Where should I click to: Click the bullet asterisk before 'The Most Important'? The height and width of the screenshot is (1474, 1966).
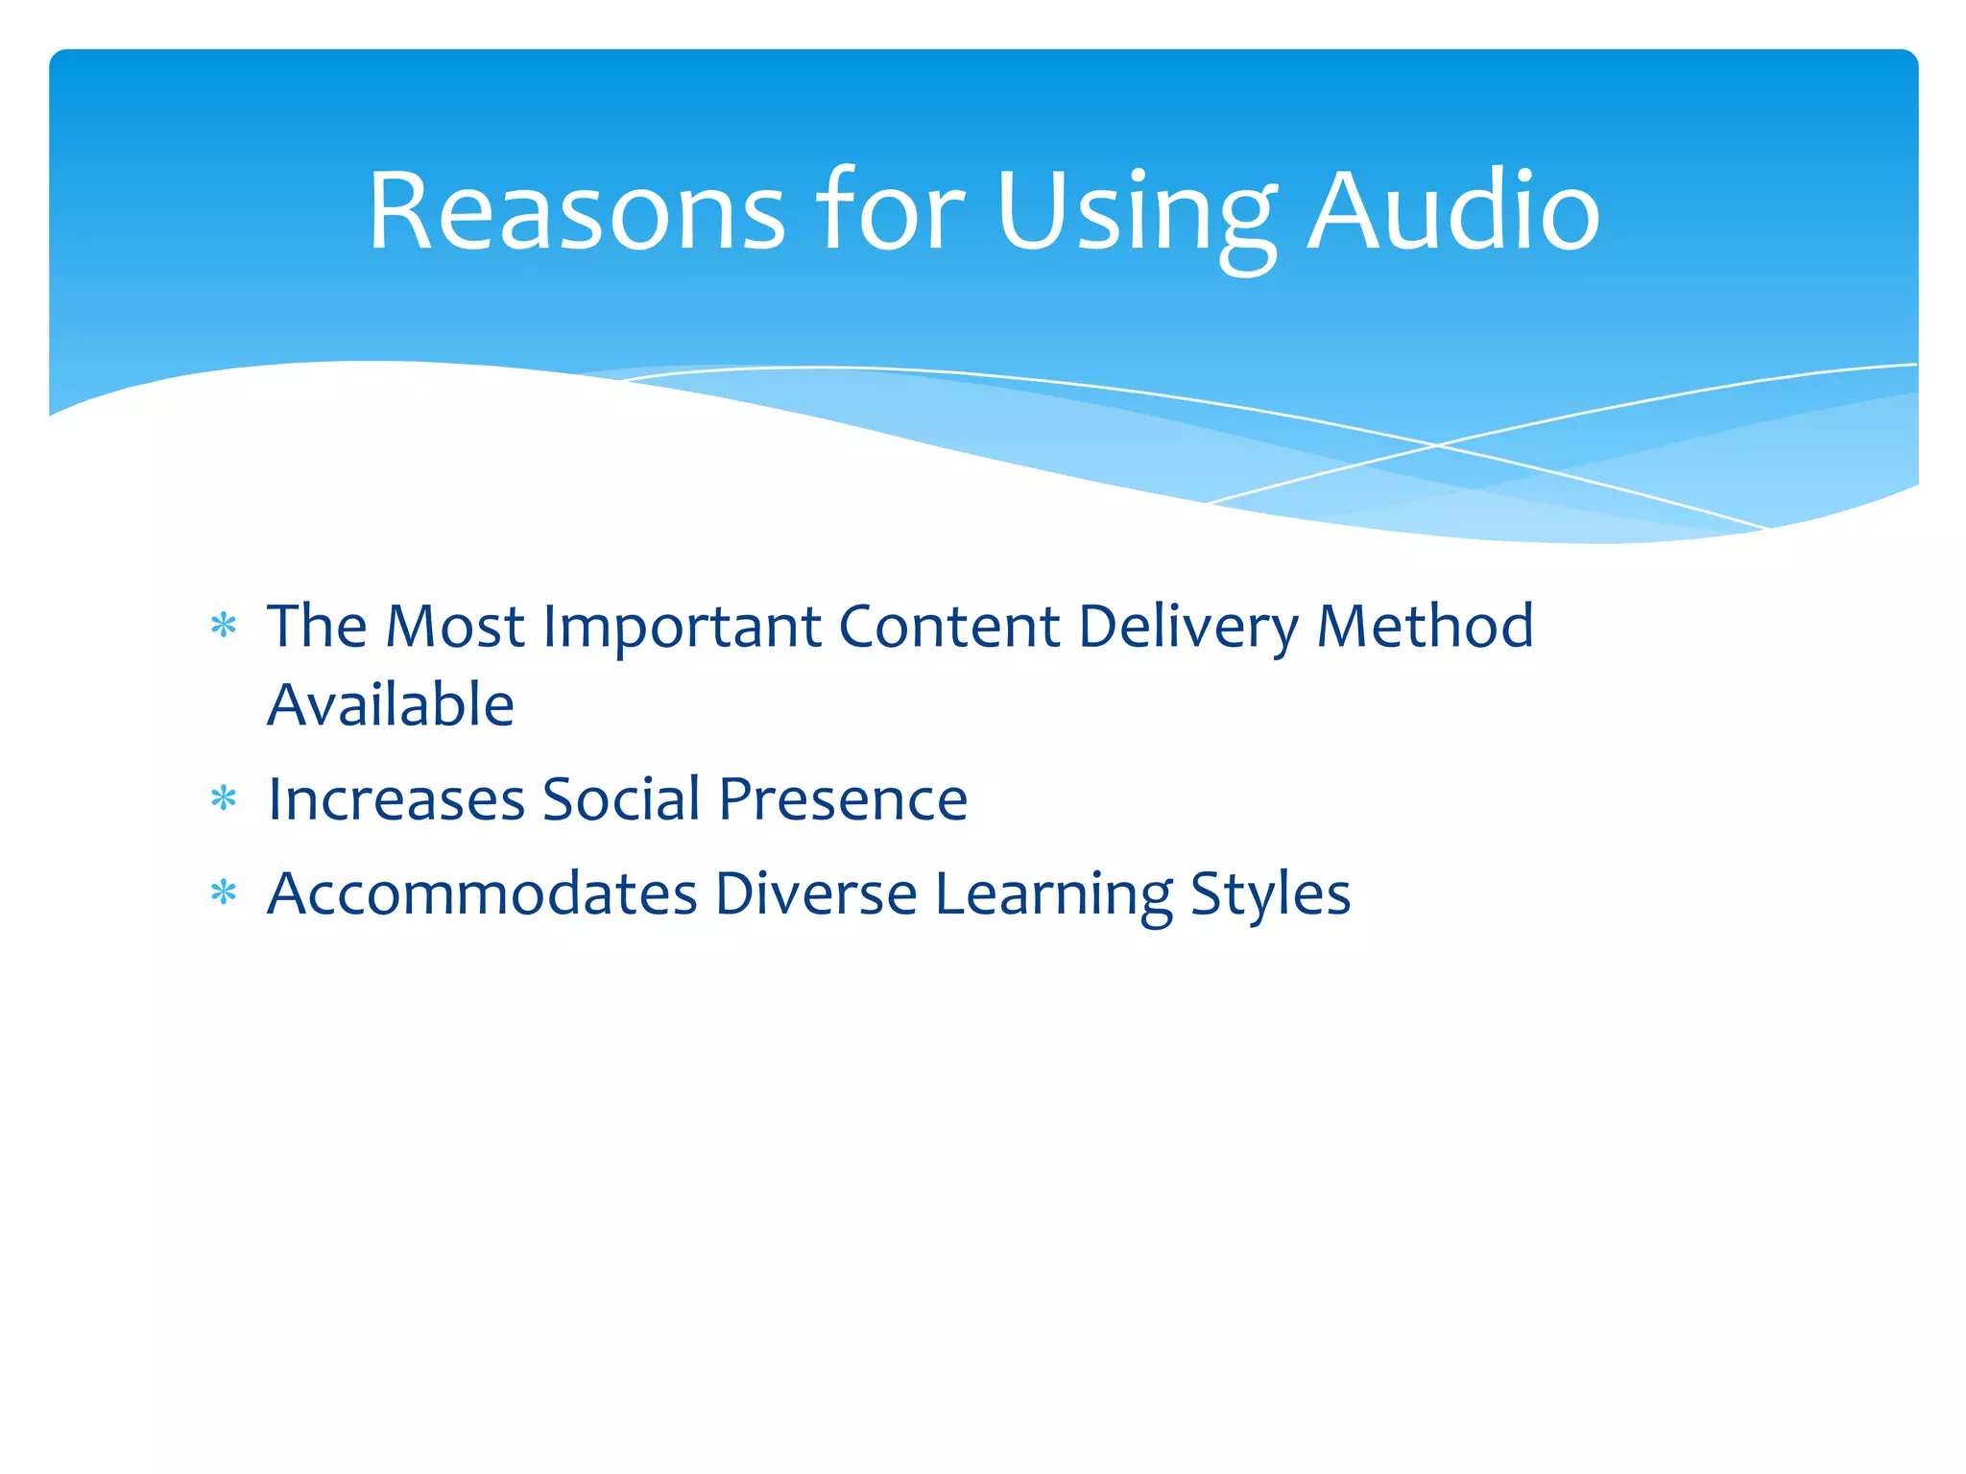point(224,627)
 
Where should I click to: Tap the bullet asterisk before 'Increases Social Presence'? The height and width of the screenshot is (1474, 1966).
point(224,798)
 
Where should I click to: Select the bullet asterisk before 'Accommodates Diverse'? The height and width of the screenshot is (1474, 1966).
point(224,893)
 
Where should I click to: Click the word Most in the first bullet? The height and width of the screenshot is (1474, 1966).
point(454,627)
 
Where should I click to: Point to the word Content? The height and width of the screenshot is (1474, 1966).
point(949,627)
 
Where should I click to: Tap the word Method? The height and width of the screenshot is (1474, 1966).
point(1425,627)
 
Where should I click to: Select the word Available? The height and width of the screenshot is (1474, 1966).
point(391,704)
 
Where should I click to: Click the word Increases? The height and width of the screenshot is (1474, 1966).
point(396,799)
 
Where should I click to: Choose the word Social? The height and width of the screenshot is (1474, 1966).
point(621,798)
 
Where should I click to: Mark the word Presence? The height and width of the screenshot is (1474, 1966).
point(843,799)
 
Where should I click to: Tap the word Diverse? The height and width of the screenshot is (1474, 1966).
point(816,894)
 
